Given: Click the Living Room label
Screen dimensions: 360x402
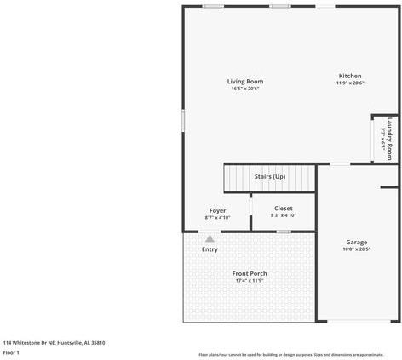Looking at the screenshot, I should click(x=244, y=81).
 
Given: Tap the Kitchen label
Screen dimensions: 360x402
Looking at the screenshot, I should click(x=350, y=76).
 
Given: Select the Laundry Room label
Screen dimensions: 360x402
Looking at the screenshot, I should click(x=389, y=139).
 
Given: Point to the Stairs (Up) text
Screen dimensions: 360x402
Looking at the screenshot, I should click(x=270, y=176).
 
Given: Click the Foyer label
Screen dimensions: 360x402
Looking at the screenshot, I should click(x=217, y=210).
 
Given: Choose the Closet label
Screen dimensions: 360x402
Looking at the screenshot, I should click(x=284, y=208).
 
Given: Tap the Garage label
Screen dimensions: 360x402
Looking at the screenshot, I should click(x=356, y=242).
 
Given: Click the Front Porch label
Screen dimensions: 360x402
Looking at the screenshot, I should click(x=250, y=273).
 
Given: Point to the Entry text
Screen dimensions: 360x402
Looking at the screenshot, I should click(x=210, y=249).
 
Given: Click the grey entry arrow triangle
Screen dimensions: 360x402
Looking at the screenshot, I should click(x=210, y=239).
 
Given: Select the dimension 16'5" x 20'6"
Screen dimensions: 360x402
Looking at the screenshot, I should click(x=244, y=89).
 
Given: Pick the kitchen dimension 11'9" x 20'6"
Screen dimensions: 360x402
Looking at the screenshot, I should click(x=350, y=83).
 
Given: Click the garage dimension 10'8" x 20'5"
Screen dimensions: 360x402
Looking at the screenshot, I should click(x=356, y=249).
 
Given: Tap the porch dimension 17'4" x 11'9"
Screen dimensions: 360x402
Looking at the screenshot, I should click(x=250, y=281).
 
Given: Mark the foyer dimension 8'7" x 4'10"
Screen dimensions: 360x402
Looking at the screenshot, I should click(x=217, y=218).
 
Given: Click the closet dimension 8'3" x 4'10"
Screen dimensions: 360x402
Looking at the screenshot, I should click(x=284, y=215).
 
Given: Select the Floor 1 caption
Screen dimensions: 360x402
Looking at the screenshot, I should click(x=11, y=351).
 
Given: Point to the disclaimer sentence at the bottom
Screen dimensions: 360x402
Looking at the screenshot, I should click(x=290, y=354).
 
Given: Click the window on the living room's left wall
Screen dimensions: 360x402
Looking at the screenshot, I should click(x=182, y=120).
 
